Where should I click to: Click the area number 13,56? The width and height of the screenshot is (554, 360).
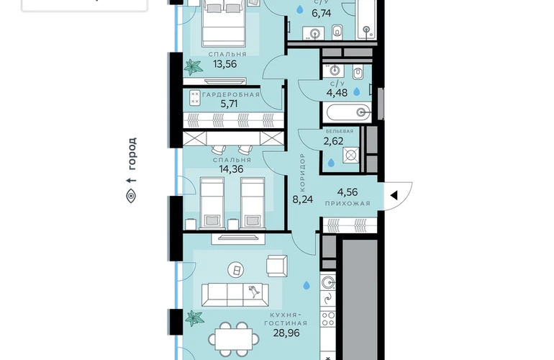click(x=224, y=64)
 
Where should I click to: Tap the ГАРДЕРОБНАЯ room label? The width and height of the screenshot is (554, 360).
click(x=231, y=94)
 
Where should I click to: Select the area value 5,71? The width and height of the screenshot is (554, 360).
click(x=229, y=104)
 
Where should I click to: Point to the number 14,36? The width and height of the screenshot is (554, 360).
click(x=231, y=169)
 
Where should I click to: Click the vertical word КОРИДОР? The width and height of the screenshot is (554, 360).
click(x=302, y=173)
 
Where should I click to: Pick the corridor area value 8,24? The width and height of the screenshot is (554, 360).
click(x=303, y=199)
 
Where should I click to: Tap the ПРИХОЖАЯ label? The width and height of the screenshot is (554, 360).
click(x=348, y=203)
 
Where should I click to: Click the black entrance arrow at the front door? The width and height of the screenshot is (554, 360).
click(x=394, y=195)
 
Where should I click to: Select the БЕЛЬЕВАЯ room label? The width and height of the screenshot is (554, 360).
click(x=340, y=131)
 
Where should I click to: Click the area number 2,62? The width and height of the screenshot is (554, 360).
click(x=333, y=141)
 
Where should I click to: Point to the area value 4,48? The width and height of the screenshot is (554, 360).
click(x=337, y=93)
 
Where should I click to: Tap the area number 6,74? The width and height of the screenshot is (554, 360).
click(x=321, y=14)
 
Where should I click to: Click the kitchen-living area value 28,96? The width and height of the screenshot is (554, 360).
click(x=286, y=333)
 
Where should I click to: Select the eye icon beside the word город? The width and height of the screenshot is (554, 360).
click(x=131, y=196)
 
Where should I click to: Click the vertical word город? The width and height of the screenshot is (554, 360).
click(x=132, y=153)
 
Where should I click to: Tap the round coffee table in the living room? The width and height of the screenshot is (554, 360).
click(x=236, y=271)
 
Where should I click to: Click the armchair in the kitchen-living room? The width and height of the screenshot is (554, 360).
click(x=277, y=266)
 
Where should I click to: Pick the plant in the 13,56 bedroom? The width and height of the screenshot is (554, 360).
click(x=194, y=67)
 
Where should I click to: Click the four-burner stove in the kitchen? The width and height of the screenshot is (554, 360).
click(x=328, y=318)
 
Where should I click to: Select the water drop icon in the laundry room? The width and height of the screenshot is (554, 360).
click(x=331, y=163)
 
